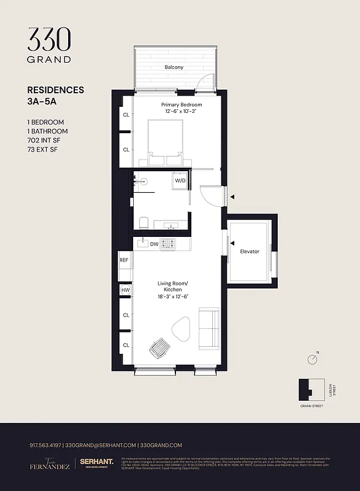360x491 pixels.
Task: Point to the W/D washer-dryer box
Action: (180, 181)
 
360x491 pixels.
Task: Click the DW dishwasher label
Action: (154, 244)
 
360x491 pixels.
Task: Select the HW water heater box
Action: (126, 290)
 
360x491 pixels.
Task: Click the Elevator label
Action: (249, 252)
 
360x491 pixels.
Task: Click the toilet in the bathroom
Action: (144, 223)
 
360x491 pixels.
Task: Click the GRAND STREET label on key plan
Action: (312, 406)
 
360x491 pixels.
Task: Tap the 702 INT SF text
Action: (44, 140)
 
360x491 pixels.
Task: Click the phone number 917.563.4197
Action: (45, 445)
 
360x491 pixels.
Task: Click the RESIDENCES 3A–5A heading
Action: (56, 96)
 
